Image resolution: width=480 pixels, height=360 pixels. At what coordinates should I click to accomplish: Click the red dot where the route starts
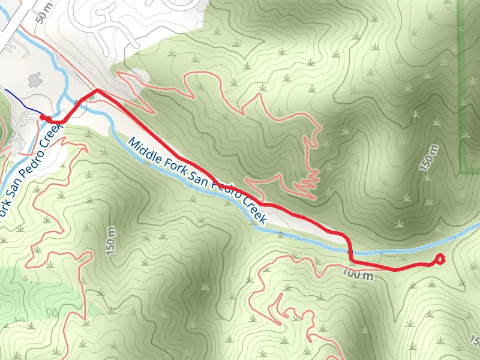point(42,117)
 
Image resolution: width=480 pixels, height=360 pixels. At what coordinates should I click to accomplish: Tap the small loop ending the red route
point(439,259)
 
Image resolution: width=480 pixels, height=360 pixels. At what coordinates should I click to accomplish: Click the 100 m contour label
point(359,275)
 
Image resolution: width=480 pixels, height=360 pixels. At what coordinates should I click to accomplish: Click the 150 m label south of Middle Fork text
point(110,242)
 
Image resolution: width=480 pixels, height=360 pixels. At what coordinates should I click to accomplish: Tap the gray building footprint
point(34,79)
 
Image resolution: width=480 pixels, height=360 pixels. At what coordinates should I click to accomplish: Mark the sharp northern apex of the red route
point(97,90)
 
